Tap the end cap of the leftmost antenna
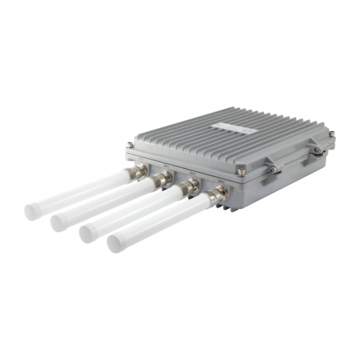(x=34, y=211)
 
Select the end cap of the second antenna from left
(x=58, y=222)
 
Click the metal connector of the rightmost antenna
(x=217, y=198)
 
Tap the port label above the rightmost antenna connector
(x=222, y=183)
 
